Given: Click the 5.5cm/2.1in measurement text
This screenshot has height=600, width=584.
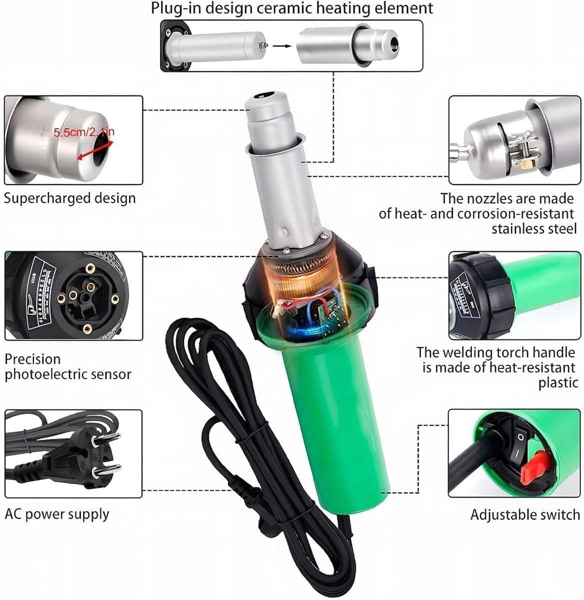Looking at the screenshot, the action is click(84, 132).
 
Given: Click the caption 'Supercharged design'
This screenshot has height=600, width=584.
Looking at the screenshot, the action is click(69, 198).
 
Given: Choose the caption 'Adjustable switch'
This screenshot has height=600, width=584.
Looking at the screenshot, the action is click(525, 514).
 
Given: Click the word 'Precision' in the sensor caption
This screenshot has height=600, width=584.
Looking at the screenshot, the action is click(32, 359).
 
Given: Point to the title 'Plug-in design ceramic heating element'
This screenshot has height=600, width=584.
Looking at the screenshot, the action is click(292, 8).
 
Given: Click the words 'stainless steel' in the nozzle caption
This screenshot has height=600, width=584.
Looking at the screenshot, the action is click(533, 229).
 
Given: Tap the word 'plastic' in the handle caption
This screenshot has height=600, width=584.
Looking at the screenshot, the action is click(558, 383).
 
